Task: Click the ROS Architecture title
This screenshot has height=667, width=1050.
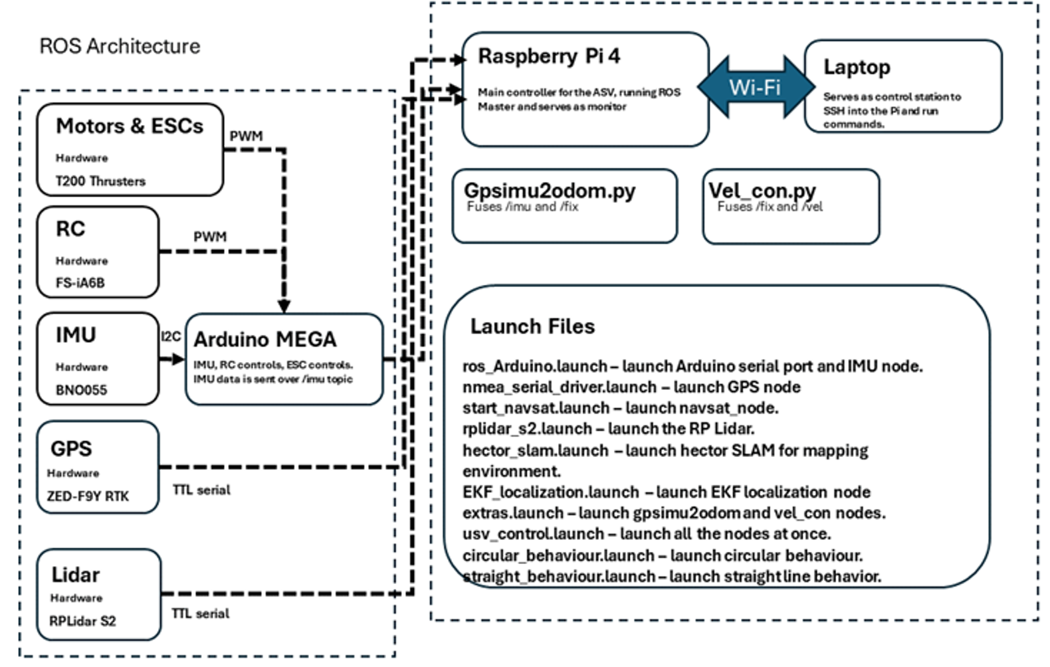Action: tap(120, 46)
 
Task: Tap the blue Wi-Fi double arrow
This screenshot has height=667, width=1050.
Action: tap(756, 87)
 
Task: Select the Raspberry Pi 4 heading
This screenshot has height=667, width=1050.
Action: tap(549, 56)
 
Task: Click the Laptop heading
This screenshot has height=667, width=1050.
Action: tap(857, 67)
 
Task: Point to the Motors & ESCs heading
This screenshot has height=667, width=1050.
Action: tap(130, 126)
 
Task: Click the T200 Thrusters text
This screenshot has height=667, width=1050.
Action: tap(100, 181)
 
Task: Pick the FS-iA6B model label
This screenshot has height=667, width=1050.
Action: tap(80, 282)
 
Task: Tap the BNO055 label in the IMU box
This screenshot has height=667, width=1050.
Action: tap(81, 390)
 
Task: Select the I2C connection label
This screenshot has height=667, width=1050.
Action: tap(171, 337)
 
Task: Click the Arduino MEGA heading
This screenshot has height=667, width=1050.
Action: tap(265, 339)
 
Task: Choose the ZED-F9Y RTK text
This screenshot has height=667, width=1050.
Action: tap(88, 496)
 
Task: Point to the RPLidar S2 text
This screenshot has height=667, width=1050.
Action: tap(82, 621)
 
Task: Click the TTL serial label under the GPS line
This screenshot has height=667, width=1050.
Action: tap(201, 490)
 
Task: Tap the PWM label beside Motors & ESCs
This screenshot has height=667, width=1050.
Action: tap(246, 136)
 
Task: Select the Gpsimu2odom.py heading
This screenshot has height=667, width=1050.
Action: tap(550, 191)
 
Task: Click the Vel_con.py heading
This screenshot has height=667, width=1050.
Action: tap(762, 191)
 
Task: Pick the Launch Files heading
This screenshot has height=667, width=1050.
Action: tap(532, 326)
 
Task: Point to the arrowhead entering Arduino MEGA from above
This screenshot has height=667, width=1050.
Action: tap(284, 306)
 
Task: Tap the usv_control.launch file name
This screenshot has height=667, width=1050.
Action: tap(533, 534)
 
